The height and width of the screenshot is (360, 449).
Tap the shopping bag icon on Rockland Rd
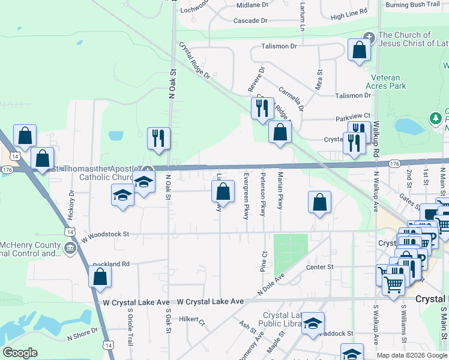pos(100,277)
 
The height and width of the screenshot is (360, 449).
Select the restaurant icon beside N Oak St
pos(158,138)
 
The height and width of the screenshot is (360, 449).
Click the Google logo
pos(20,353)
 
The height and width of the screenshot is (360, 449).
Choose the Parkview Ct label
pos(354,116)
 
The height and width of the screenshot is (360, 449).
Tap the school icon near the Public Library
pos(312,323)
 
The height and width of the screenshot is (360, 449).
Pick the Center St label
pos(319,267)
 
